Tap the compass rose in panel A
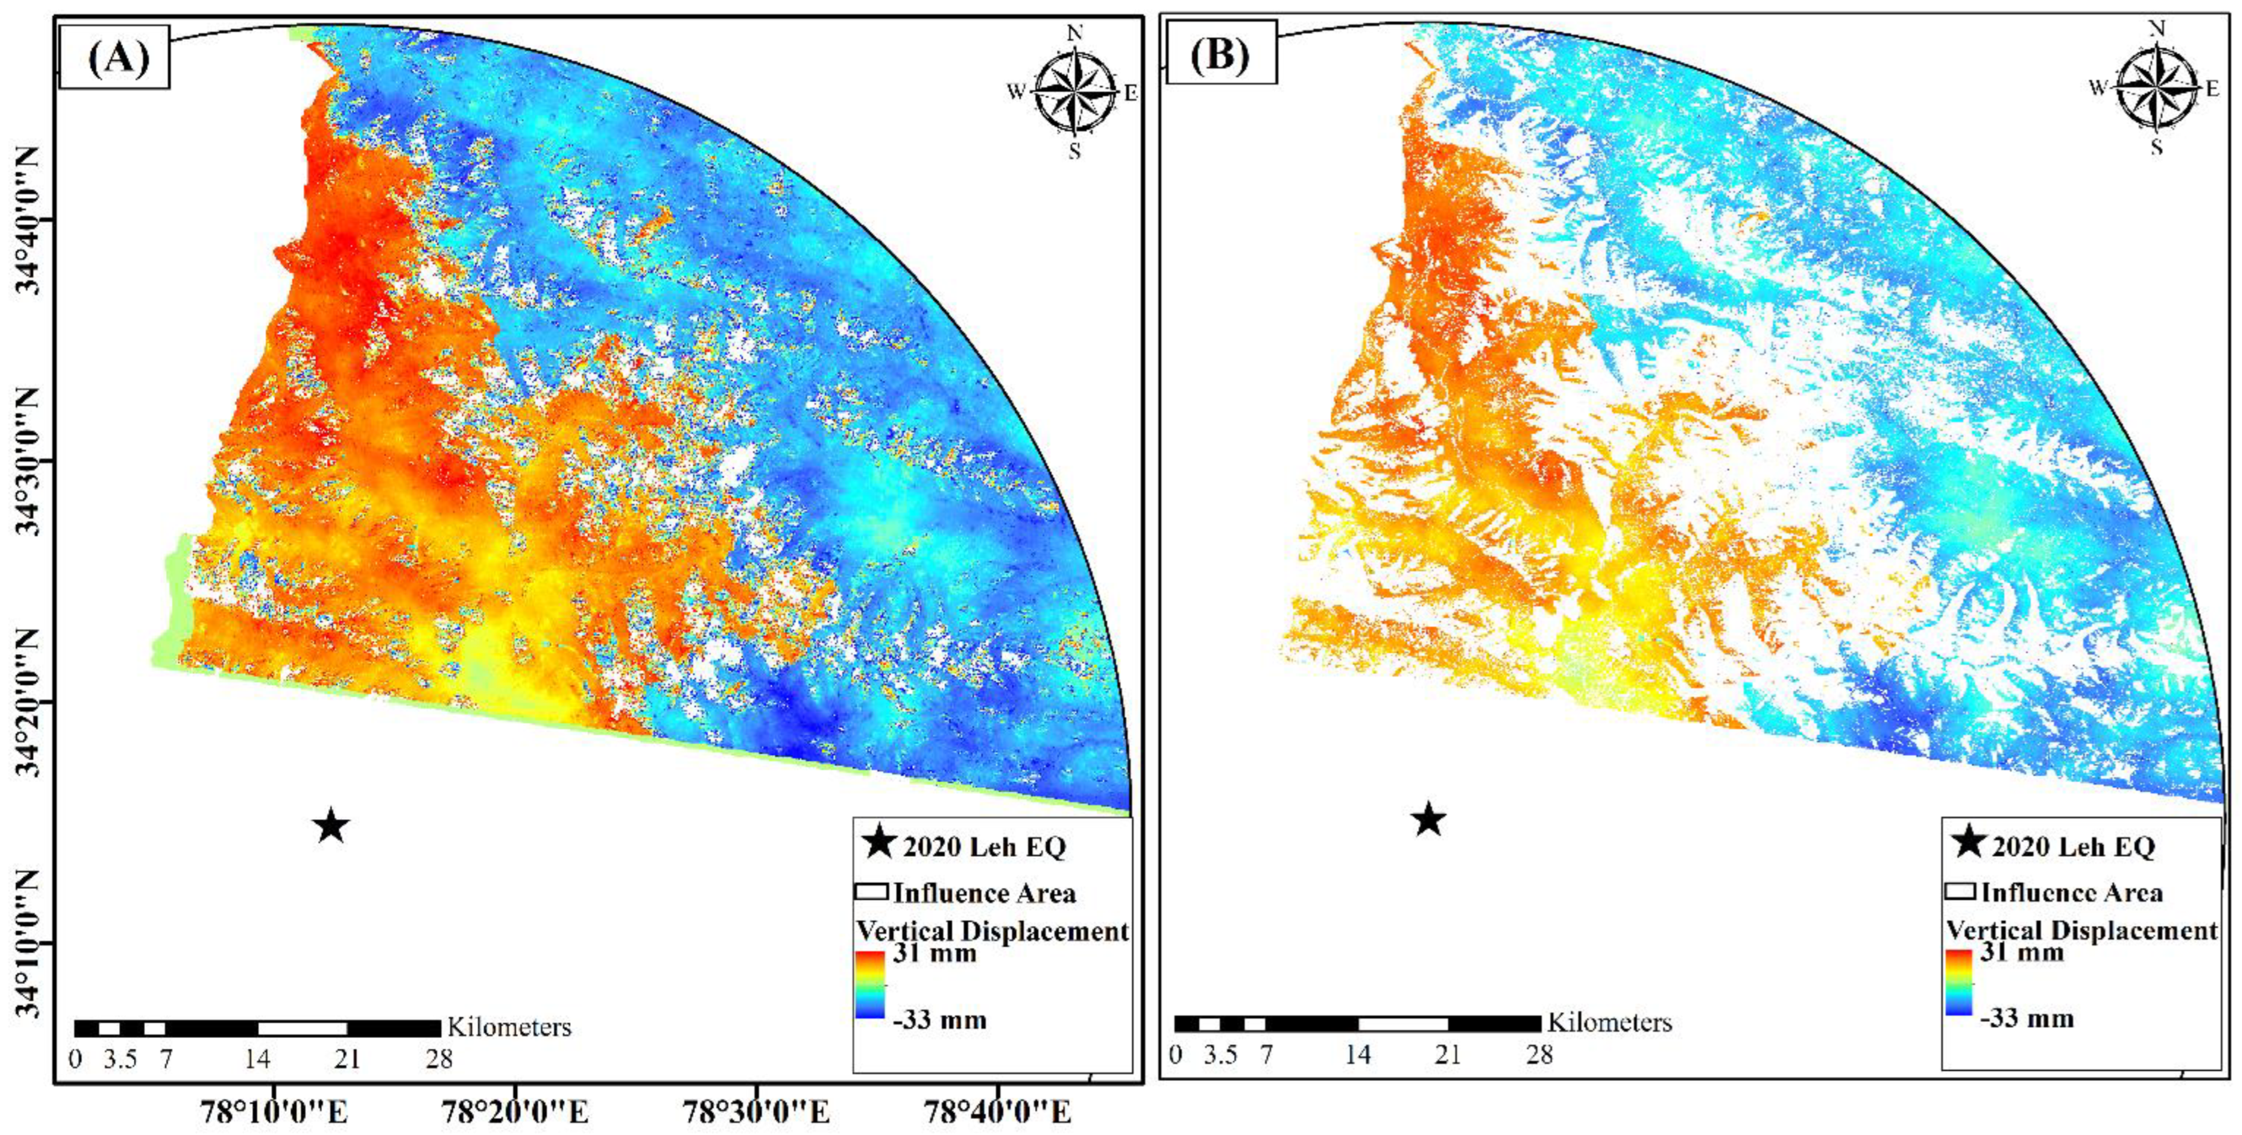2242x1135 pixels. (1076, 91)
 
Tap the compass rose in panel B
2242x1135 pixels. (2157, 88)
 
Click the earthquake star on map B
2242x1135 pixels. (1429, 819)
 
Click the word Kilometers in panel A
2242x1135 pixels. (509, 1027)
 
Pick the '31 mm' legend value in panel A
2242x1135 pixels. (934, 953)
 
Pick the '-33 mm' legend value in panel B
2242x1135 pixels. (2026, 1018)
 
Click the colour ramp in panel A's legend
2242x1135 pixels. (870, 984)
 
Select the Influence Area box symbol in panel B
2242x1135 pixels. (1960, 892)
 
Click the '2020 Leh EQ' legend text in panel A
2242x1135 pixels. (983, 847)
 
